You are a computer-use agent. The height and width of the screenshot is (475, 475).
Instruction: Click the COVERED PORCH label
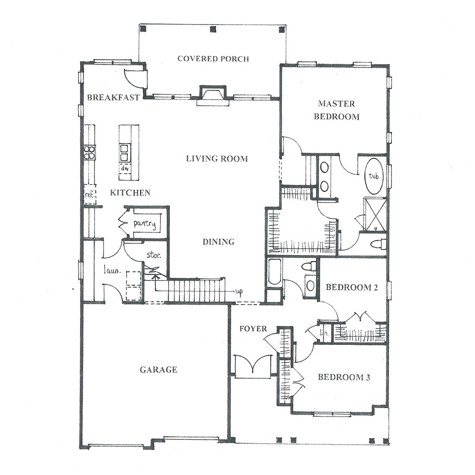tap(213, 58)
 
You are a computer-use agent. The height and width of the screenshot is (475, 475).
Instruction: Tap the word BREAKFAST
tap(114, 97)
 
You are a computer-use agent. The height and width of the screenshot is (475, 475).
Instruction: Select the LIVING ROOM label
tap(217, 158)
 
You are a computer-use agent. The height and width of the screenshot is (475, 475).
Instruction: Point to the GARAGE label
tap(158, 370)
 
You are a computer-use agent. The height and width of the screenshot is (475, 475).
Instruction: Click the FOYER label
tap(253, 329)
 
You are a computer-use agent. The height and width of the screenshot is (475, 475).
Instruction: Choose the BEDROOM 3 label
tap(344, 377)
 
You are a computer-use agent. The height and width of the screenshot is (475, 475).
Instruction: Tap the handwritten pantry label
tap(145, 224)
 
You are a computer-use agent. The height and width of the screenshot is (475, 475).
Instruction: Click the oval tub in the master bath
tap(373, 176)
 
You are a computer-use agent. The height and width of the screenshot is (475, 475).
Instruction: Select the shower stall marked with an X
tap(375, 214)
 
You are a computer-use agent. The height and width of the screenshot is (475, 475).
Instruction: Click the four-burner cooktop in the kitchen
tap(90, 152)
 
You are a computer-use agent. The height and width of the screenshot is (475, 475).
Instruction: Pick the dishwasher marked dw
tap(124, 168)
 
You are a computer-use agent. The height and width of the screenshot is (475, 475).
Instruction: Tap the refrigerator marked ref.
tap(90, 194)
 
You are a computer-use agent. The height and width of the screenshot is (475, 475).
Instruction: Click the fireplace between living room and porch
tap(213, 95)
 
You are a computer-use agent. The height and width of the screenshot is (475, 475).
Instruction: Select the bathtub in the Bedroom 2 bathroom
tap(275, 272)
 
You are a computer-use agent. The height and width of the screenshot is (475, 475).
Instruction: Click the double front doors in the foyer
tap(253, 366)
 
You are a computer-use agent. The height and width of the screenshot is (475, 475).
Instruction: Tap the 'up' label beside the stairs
tap(239, 292)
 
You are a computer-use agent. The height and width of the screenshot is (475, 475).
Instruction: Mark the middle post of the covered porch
tap(213, 29)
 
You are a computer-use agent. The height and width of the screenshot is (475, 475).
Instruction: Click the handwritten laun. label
tap(112, 270)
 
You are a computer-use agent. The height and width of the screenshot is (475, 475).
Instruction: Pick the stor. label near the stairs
tap(154, 255)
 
